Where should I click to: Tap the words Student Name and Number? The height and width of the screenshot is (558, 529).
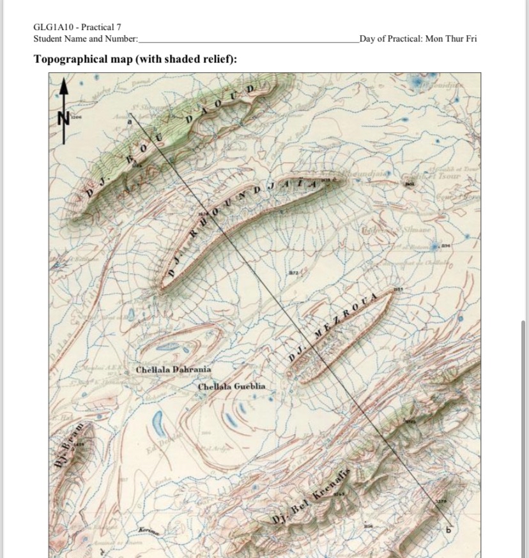[x=85, y=39]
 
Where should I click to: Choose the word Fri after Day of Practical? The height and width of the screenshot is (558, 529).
[x=471, y=39]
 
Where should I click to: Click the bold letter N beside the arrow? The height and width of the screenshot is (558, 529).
[x=63, y=118]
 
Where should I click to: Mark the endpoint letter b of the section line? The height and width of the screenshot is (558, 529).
[x=448, y=529]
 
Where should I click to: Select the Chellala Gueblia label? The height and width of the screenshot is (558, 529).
[x=231, y=387]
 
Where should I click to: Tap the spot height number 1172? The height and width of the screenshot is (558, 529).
[x=292, y=274]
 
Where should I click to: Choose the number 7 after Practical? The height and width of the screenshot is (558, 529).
[x=118, y=27]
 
